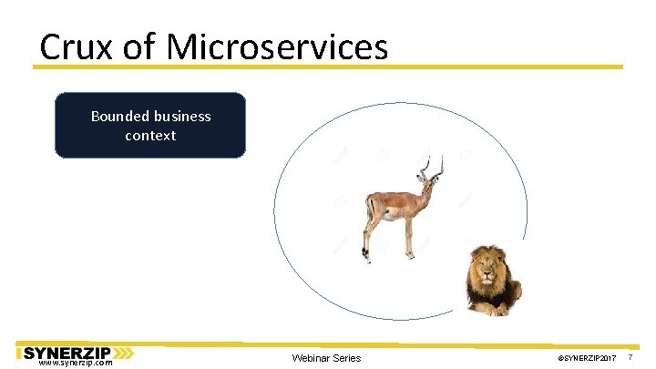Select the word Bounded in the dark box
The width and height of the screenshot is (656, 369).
click(x=119, y=116)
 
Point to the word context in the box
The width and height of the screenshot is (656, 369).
click(x=150, y=136)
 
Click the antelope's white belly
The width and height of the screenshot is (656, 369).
click(x=389, y=215)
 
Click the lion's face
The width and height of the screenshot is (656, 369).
click(x=485, y=270)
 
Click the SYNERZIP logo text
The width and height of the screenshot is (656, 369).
click(x=66, y=352)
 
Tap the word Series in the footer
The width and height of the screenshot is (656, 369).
click(x=348, y=358)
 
